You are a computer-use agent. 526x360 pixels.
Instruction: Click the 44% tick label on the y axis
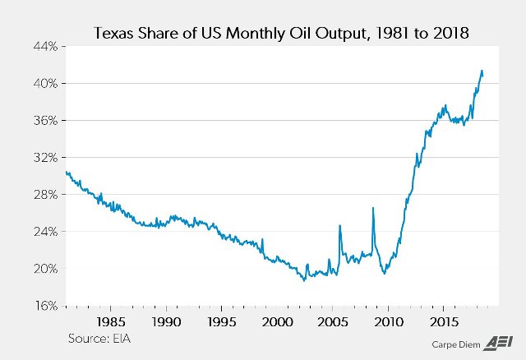click(x=45, y=47)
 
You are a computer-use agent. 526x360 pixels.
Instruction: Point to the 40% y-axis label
click(x=45, y=84)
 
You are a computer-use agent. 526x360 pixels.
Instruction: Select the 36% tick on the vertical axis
click(x=45, y=121)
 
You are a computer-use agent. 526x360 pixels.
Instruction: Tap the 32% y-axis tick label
click(x=45, y=158)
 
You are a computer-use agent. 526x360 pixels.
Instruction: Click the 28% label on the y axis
click(x=45, y=195)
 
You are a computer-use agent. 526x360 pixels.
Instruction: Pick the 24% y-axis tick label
click(x=45, y=232)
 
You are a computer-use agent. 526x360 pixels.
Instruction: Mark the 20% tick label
click(x=45, y=269)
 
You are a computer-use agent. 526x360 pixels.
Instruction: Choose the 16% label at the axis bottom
click(x=45, y=306)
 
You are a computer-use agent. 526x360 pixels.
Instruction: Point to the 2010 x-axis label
click(x=388, y=320)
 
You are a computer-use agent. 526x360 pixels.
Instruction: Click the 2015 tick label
click(x=444, y=320)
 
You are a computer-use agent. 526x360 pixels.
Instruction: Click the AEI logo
click(x=499, y=343)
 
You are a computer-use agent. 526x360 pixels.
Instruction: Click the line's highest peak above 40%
click(x=482, y=71)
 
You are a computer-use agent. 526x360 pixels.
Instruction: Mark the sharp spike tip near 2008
click(x=373, y=208)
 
